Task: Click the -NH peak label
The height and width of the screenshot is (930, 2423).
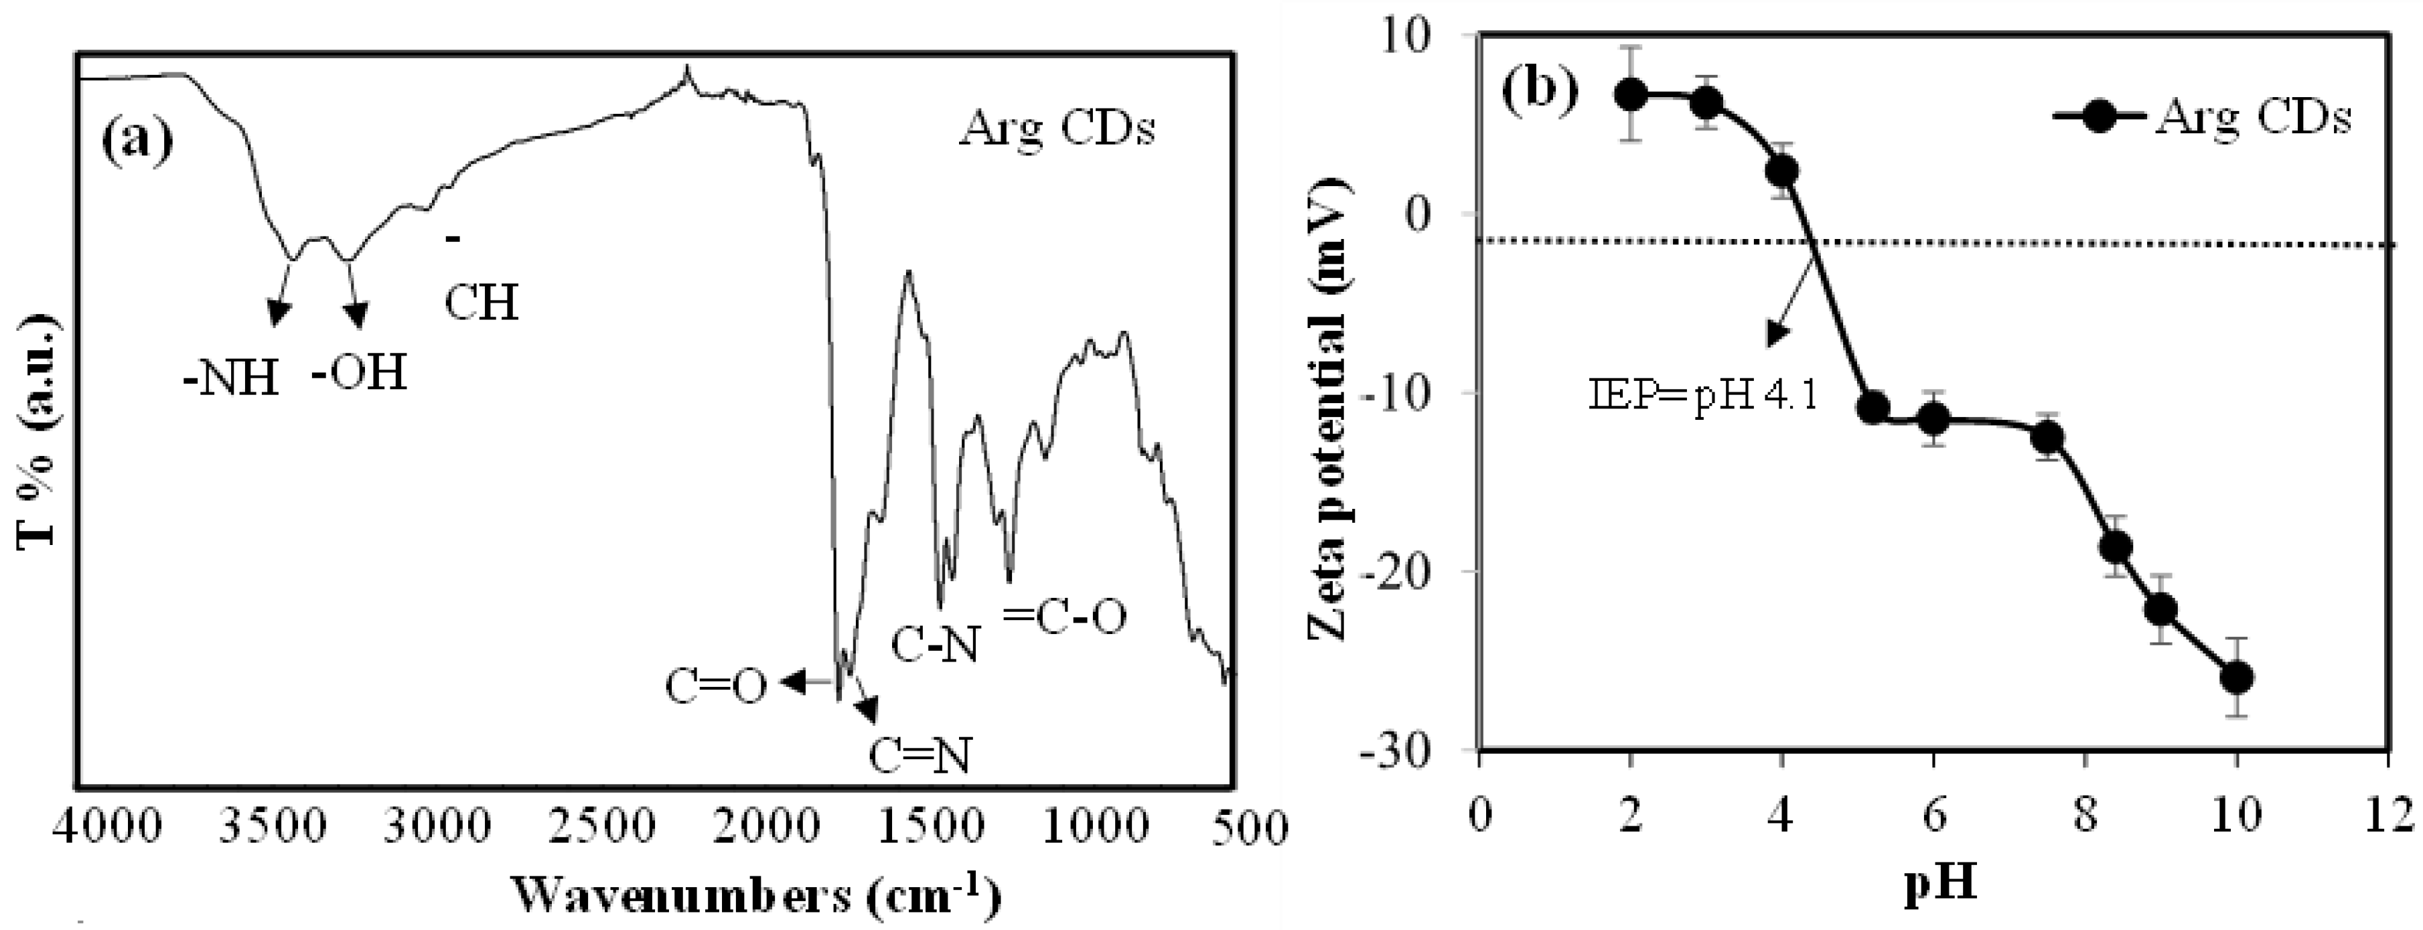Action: (232, 379)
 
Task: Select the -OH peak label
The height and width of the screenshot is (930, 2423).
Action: (360, 374)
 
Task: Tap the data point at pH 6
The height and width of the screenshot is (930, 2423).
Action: (1934, 418)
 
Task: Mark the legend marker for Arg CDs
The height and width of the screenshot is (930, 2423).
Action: (2100, 119)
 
